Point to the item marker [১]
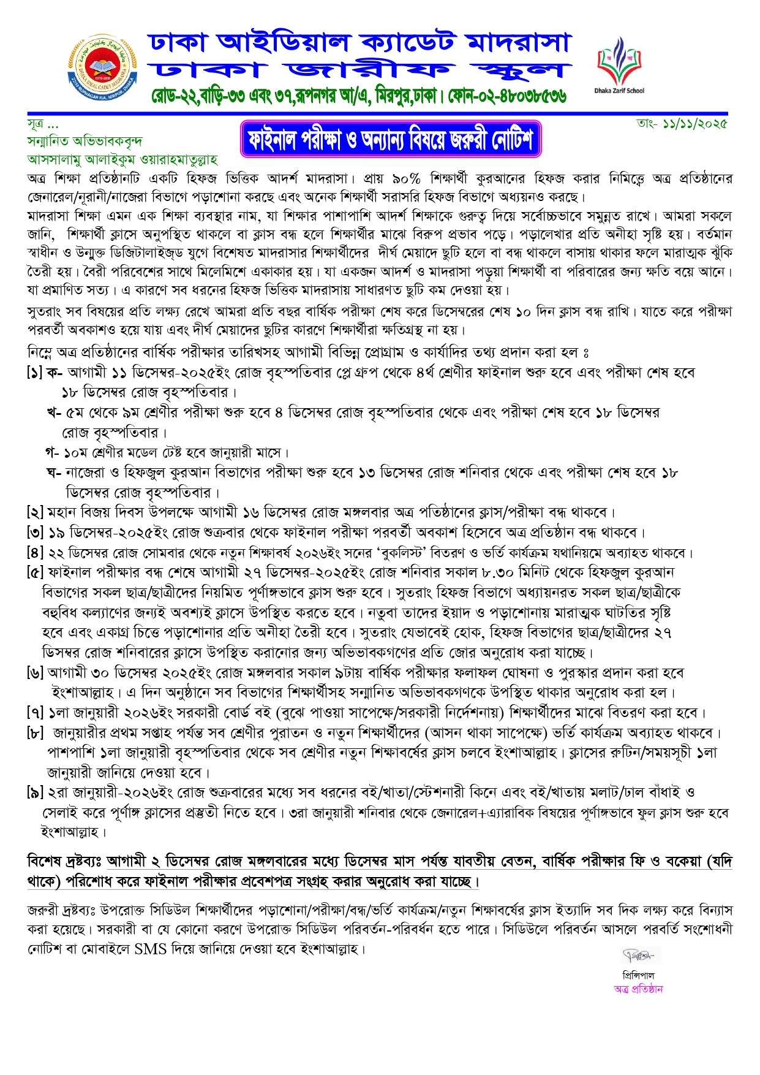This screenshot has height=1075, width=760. click(x=35, y=373)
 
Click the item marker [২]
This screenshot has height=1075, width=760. click(x=35, y=512)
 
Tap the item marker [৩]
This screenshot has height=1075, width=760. click(x=35, y=532)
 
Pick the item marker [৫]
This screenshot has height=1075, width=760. click(x=35, y=572)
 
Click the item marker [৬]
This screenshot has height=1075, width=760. click(x=35, y=673)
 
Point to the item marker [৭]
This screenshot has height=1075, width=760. click(x=35, y=713)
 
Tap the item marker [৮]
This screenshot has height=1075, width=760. click(x=35, y=733)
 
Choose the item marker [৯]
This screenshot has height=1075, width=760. click(x=35, y=792)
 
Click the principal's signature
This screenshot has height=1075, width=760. click(x=638, y=955)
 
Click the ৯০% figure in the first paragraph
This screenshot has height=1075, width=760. click(x=407, y=179)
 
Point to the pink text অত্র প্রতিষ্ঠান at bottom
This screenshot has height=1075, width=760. click(x=638, y=989)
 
